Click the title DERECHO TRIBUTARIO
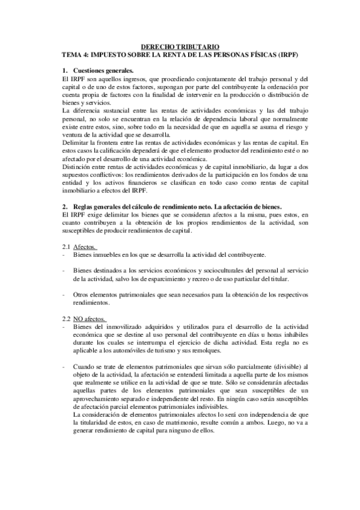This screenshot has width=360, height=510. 180,46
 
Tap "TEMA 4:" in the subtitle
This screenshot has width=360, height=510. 78,54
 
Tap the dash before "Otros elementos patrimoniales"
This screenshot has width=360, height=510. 64,295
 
